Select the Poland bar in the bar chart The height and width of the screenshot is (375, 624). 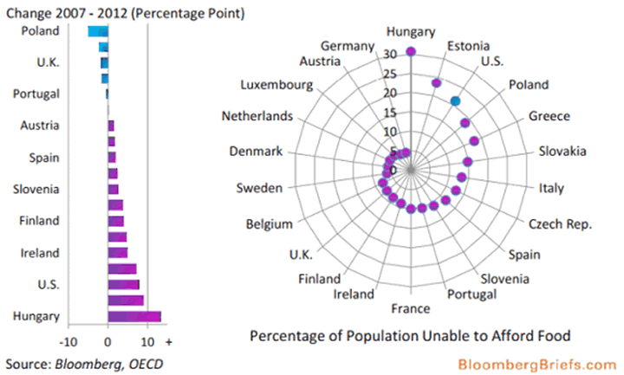98,31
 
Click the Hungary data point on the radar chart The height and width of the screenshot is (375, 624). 411,52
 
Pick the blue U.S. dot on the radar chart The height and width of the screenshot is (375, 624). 455,101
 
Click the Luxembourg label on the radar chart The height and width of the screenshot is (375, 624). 277,86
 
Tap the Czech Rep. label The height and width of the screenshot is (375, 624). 561,224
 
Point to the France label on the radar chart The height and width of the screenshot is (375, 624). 411,309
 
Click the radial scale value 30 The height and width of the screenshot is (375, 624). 390,54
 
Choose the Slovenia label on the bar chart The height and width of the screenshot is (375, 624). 36,190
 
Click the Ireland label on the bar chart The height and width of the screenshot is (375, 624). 40,253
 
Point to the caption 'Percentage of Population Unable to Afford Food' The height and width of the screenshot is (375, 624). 410,335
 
